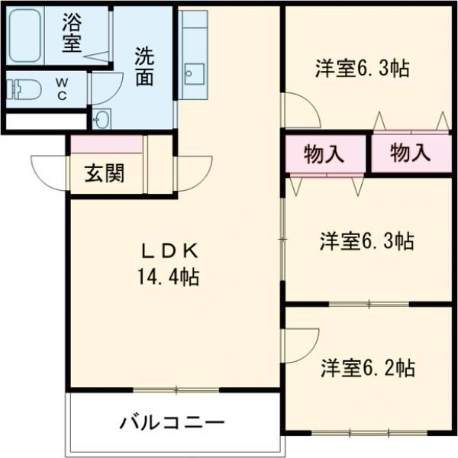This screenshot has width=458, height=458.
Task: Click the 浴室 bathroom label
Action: click(x=73, y=33)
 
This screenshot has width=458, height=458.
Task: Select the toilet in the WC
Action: click(x=22, y=85)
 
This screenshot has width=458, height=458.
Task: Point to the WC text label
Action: click(x=63, y=85)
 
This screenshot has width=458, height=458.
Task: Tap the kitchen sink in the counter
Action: click(x=192, y=75)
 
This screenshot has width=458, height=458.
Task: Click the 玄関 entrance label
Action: click(x=104, y=174)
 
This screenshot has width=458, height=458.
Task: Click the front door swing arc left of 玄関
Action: click(x=47, y=169)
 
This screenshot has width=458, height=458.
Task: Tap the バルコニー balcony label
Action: click(x=172, y=422)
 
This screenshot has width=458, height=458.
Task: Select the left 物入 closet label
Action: click(x=323, y=153)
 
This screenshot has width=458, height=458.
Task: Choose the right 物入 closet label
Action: click(x=410, y=153)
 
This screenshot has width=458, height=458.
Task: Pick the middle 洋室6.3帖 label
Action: click(x=366, y=242)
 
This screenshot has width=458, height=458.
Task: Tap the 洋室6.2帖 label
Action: click(x=367, y=368)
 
